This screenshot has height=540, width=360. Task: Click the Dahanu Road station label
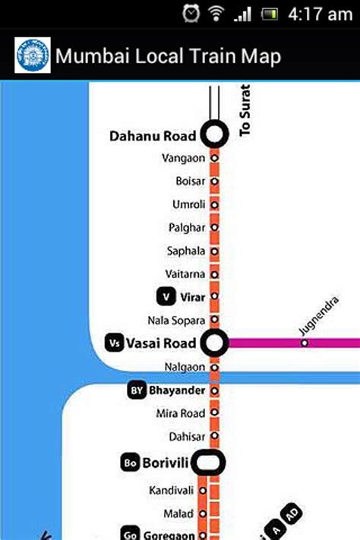(153, 137)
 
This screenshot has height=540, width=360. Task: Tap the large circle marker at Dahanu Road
(214, 135)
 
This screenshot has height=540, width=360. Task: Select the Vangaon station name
(183, 158)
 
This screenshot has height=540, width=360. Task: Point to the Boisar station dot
(214, 182)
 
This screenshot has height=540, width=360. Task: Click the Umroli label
(188, 205)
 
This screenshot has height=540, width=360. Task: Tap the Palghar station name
(187, 228)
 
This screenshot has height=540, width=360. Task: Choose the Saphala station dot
(214, 251)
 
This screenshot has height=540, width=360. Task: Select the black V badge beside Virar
(165, 296)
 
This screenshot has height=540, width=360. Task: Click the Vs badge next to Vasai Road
(115, 343)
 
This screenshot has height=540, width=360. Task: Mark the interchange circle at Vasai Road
(214, 343)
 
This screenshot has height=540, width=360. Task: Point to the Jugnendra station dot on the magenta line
(305, 343)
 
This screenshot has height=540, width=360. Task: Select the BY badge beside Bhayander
(137, 390)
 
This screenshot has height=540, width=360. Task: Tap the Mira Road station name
(180, 413)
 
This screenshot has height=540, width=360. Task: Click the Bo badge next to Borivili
(129, 462)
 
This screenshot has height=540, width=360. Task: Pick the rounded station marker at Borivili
(207, 461)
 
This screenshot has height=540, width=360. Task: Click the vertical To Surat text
(245, 110)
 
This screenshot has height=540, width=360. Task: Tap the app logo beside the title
(33, 56)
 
